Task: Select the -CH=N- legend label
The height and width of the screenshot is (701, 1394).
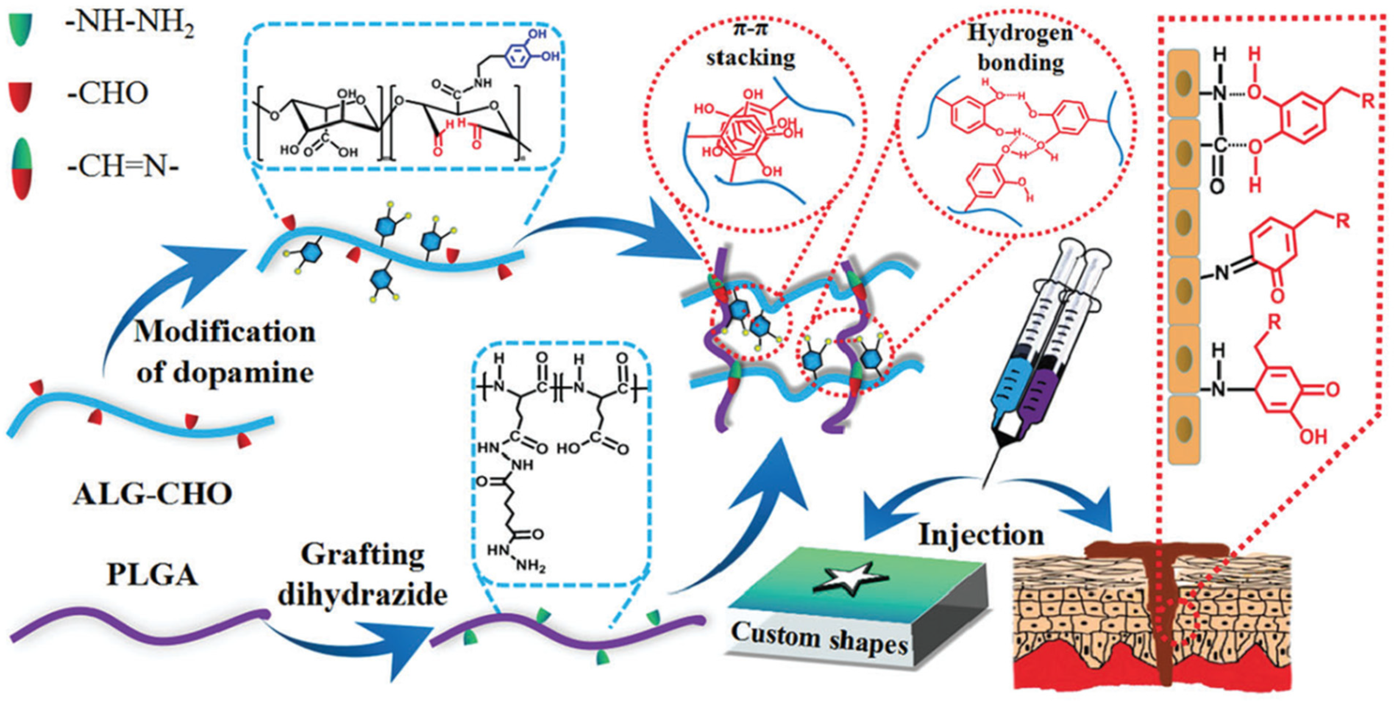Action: pos(123,167)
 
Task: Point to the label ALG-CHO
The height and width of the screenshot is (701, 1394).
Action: pos(153,493)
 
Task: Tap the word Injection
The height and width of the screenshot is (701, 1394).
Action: pos(981,535)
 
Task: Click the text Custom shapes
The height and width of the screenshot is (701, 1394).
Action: pos(819,638)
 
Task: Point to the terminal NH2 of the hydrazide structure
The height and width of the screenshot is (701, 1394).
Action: pos(530,566)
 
